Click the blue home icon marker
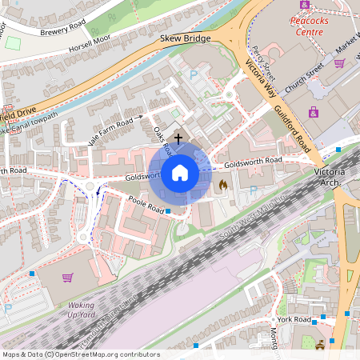pyautogui.click(x=180, y=173)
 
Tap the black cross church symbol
pyautogui.click(x=178, y=138)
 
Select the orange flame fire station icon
pyautogui.click(x=222, y=185)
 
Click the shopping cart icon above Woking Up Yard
pyautogui.click(x=67, y=278)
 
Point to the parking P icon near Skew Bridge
pyautogui.click(x=193, y=74)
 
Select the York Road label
pyautogui.click(x=295, y=318)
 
